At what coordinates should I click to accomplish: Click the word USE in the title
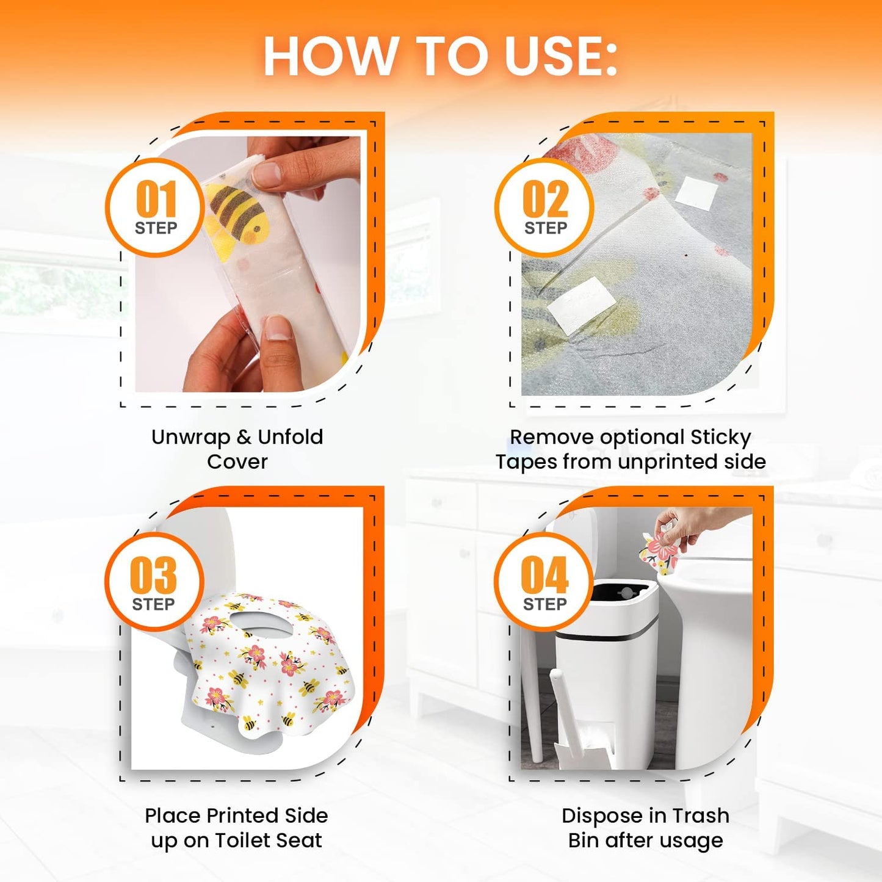560,56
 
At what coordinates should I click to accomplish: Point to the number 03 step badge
154,580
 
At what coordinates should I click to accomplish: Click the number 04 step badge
544,580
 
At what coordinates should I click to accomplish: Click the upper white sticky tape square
698,192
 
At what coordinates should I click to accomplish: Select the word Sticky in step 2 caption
720,437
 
